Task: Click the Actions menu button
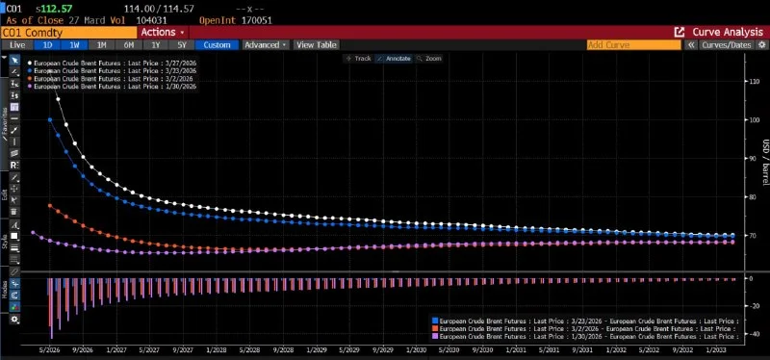tap(163, 32)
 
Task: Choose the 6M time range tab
tap(128, 44)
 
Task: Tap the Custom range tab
tap(216, 44)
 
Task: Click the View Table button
tap(316, 44)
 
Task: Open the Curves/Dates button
tap(727, 44)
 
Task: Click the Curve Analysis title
tap(718, 32)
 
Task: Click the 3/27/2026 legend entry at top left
tap(115, 63)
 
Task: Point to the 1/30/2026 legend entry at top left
tap(115, 87)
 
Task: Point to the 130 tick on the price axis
tap(753, 82)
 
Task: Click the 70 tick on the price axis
tap(753, 236)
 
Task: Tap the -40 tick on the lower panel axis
tap(753, 334)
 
